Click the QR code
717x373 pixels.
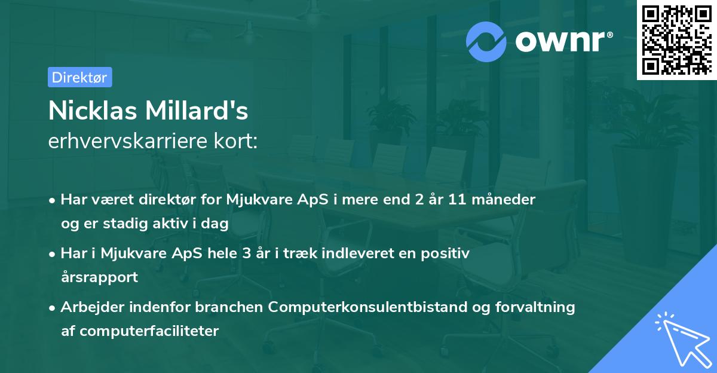pyautogui.click(x=676, y=39)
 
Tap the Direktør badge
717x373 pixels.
pyautogui.click(x=79, y=77)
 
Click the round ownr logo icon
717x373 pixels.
pyautogui.click(x=486, y=41)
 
